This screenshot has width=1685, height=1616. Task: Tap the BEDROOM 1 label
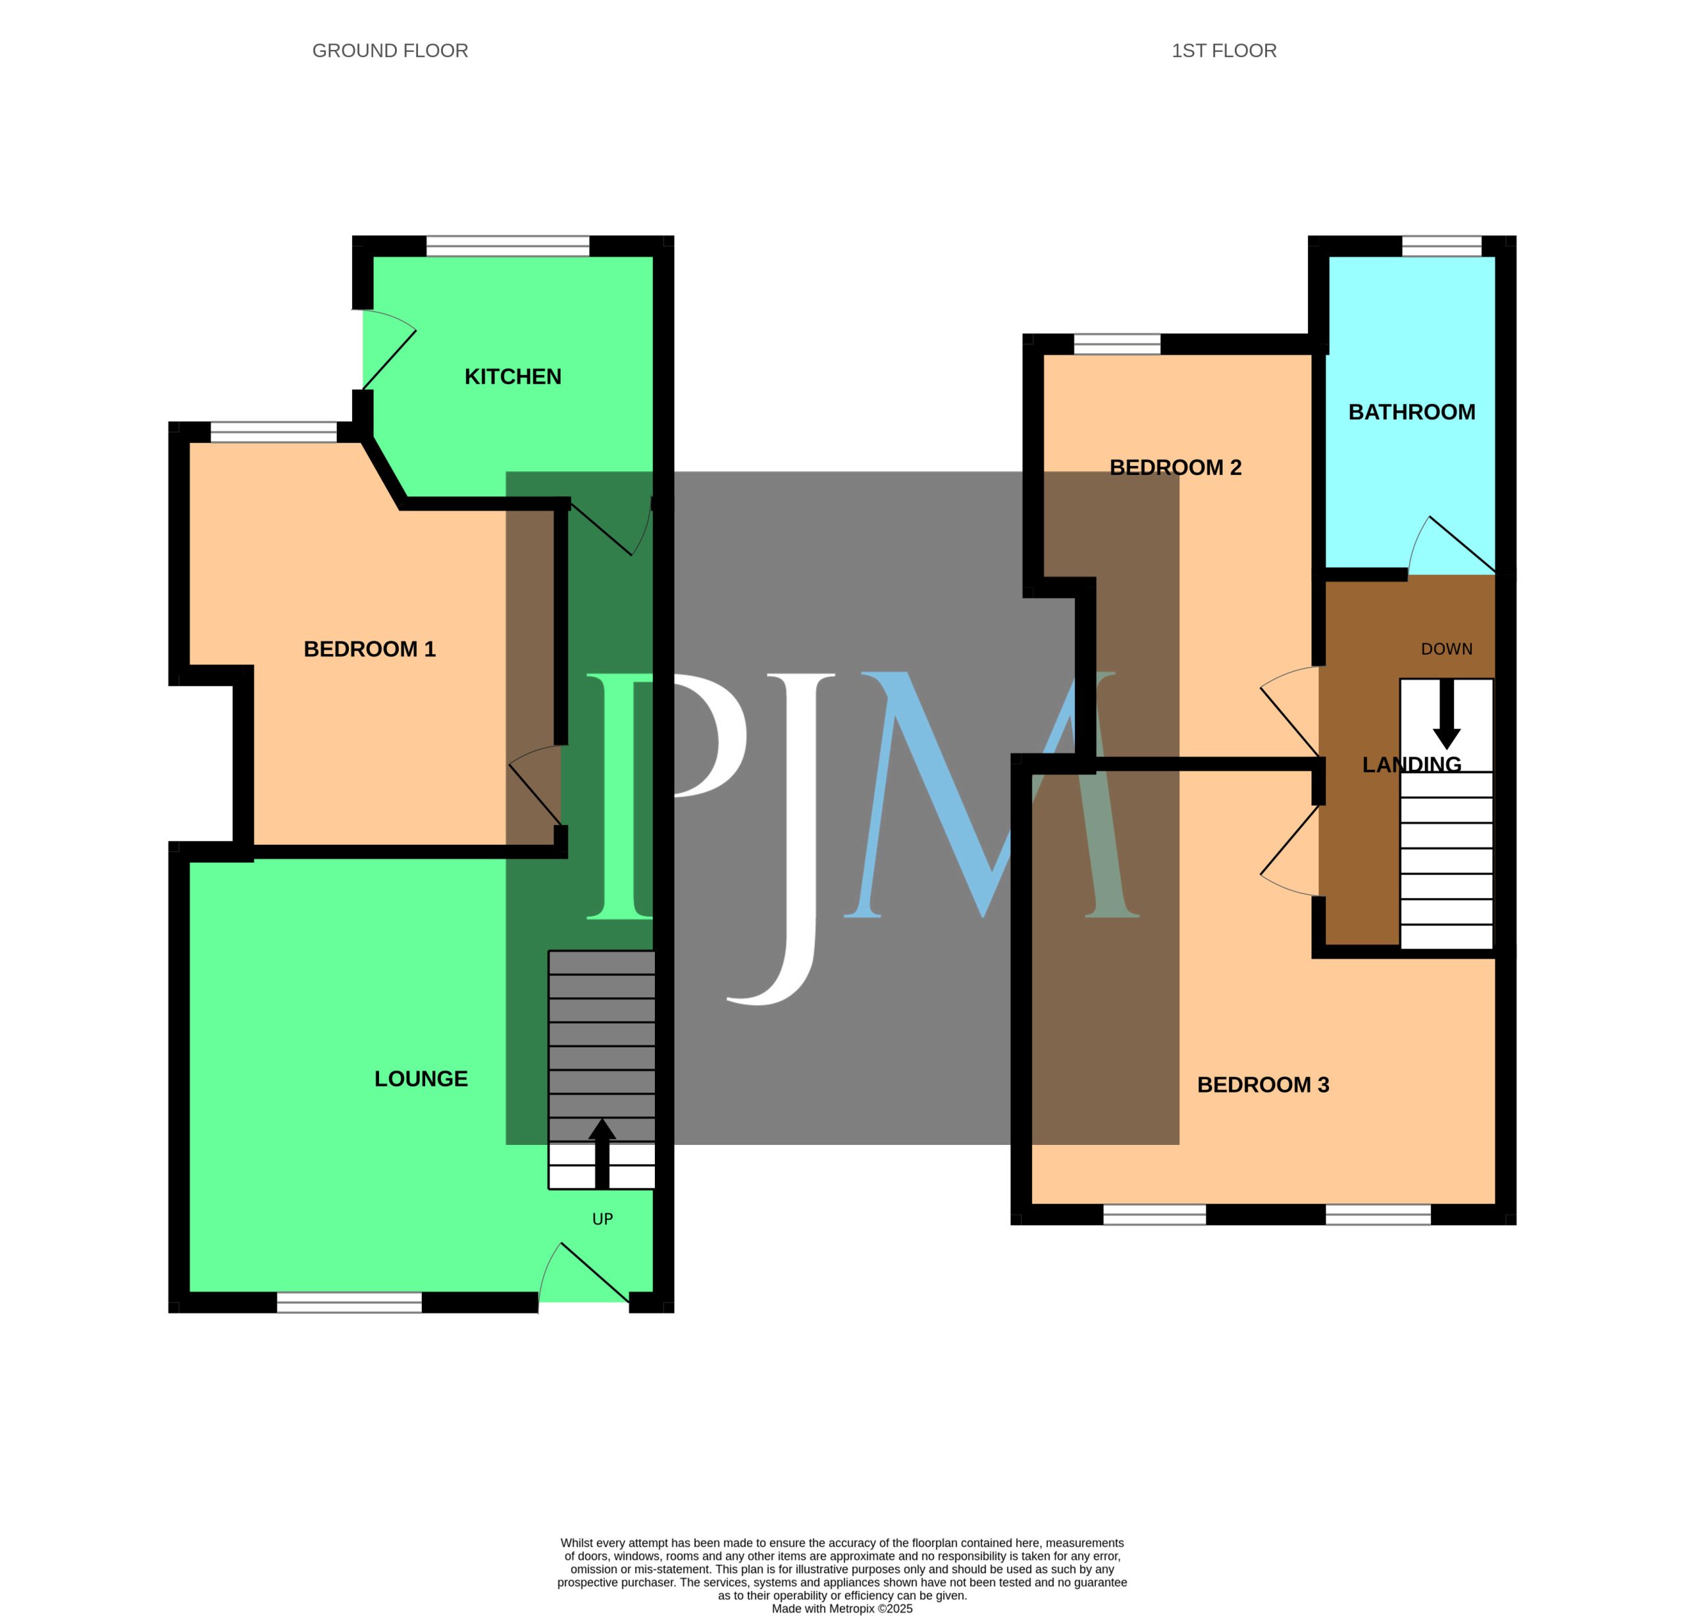[370, 649]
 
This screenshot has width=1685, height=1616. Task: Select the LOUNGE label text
[421, 1079]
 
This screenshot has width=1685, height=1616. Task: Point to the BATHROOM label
[1412, 412]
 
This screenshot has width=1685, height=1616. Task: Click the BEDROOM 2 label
[1175, 468]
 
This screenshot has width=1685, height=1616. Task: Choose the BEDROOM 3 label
[1263, 1085]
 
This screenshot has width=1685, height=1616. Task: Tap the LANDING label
[1412, 764]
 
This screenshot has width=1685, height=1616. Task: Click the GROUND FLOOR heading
[390, 51]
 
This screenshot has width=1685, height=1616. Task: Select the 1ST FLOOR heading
[1224, 51]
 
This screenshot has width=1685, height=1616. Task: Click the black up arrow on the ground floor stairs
[602, 1153]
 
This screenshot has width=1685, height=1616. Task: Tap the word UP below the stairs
[603, 1219]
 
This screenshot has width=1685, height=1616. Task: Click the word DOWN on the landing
[1447, 649]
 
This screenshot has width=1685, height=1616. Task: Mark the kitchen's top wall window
[508, 246]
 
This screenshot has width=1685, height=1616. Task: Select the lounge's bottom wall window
[349, 1302]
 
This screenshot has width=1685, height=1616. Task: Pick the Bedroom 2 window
[1118, 344]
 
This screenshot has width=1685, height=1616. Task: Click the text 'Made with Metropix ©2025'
[842, 1608]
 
